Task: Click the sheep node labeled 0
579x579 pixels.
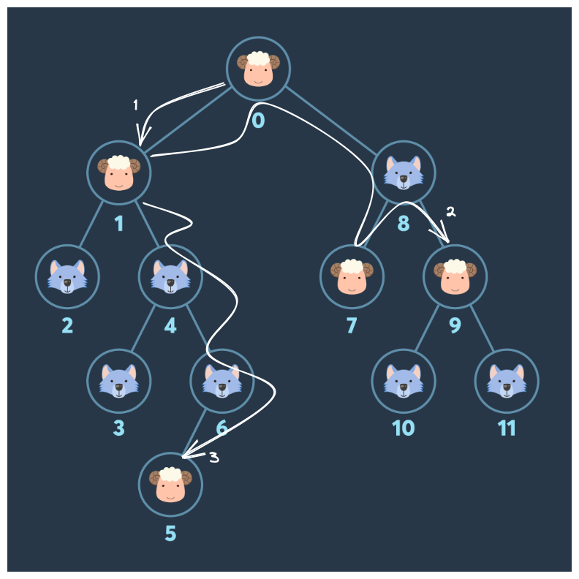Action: pyautogui.click(x=258, y=69)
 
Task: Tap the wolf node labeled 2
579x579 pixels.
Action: pyautogui.click(x=67, y=276)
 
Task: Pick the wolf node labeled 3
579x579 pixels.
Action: pyautogui.click(x=119, y=380)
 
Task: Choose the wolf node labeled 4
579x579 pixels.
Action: pyautogui.click(x=170, y=276)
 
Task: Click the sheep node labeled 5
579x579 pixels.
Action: pyautogui.click(x=170, y=484)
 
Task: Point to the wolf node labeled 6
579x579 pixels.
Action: pyautogui.click(x=222, y=380)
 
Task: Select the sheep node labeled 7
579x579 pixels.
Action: pyautogui.click(x=352, y=276)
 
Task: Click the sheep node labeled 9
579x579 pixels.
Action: pyautogui.click(x=455, y=276)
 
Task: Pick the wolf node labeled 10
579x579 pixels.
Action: pyautogui.click(x=404, y=380)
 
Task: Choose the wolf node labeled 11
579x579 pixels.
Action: pyautogui.click(x=507, y=380)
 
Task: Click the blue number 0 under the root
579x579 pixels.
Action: pyautogui.click(x=258, y=119)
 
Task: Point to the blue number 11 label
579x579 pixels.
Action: pyautogui.click(x=507, y=428)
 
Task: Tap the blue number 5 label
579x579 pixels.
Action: pyautogui.click(x=170, y=534)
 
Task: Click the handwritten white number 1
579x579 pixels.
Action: pyautogui.click(x=135, y=105)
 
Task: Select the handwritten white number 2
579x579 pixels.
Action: pyautogui.click(x=450, y=212)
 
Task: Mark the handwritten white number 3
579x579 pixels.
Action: pyautogui.click(x=213, y=458)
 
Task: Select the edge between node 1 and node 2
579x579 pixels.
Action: pyautogui.click(x=93, y=224)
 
